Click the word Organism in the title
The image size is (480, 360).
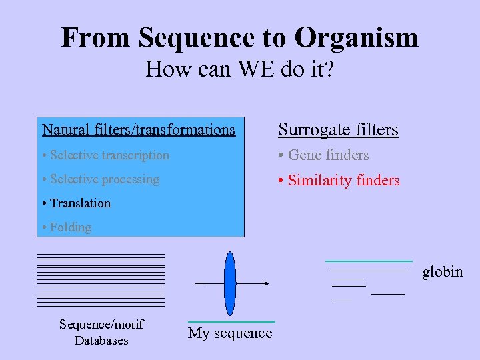coord(357,37)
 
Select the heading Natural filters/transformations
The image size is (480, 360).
coord(139,129)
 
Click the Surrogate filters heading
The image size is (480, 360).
coord(338,129)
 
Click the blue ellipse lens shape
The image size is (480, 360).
coord(230,283)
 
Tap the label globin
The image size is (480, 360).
coord(443,271)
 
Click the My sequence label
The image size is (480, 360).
coord(230,333)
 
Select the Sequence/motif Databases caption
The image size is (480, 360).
coord(101,332)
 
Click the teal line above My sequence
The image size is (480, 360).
coord(231,322)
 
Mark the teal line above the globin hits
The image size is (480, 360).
coord(369,260)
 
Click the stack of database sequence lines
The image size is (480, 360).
coord(101,280)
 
